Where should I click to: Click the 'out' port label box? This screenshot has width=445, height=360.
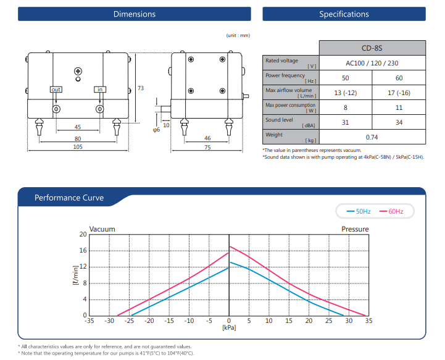click(x=56, y=90)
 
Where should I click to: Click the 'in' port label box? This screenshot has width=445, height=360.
click(x=100, y=90)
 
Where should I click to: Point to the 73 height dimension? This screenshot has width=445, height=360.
click(x=141, y=88)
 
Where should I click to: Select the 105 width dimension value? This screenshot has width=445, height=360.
click(x=78, y=147)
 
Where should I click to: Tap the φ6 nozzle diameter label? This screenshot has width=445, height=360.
click(x=156, y=130)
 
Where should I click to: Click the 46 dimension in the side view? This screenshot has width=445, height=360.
click(x=207, y=138)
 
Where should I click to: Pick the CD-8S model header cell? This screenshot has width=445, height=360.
click(x=372, y=48)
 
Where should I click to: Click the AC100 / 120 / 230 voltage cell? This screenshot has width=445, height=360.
click(x=372, y=63)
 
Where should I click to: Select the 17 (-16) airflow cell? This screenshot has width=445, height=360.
click(x=399, y=93)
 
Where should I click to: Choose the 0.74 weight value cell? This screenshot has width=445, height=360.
click(x=372, y=137)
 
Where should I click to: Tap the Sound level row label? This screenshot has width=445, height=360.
click(x=279, y=120)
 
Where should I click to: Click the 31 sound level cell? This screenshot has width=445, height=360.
click(x=346, y=122)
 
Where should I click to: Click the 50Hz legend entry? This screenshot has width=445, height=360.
click(x=359, y=211)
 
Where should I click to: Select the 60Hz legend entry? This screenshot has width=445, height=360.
click(x=391, y=211)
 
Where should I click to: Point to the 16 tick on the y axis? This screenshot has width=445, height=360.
click(x=83, y=251)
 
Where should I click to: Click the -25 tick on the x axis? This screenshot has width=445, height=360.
click(x=129, y=321)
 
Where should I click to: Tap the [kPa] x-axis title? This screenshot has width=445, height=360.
click(x=229, y=327)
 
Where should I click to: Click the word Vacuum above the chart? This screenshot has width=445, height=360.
click(x=102, y=229)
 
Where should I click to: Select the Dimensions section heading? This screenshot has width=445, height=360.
click(x=135, y=14)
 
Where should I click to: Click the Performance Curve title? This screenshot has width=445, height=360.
click(x=69, y=198)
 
